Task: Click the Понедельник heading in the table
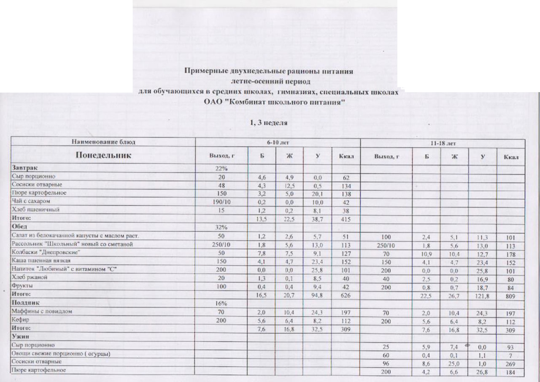(103, 156)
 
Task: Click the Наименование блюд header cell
(103, 142)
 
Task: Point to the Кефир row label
(20, 320)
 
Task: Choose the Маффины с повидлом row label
(42, 311)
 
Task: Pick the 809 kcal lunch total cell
(510, 295)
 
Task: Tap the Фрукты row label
(23, 286)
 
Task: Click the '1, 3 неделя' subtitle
(269, 123)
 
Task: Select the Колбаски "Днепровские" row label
(46, 252)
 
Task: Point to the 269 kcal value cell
(510, 363)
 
